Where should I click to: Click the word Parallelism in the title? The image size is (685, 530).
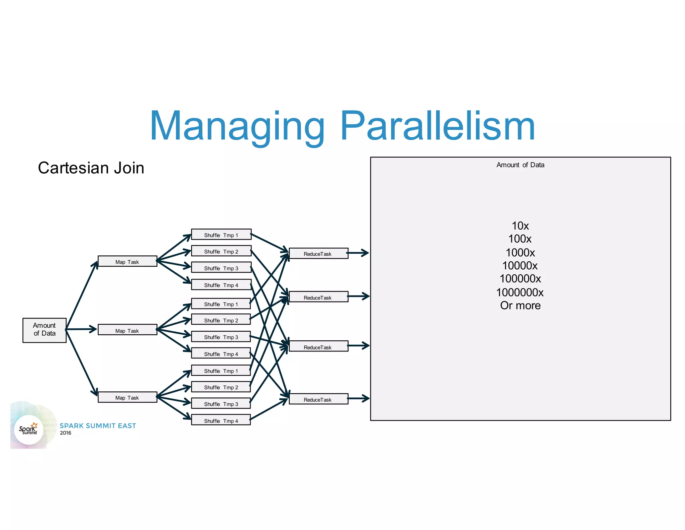click(437, 126)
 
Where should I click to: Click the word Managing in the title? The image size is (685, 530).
click(237, 126)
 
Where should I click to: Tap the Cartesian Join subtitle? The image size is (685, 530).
click(91, 168)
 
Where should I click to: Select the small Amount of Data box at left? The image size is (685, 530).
click(44, 330)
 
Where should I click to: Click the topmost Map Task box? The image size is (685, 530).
click(127, 261)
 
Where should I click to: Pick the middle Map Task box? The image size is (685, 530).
click(127, 330)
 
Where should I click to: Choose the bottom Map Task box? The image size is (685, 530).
click(127, 397)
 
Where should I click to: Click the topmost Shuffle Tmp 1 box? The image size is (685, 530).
click(221, 235)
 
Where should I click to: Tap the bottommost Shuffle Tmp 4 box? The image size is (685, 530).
click(221, 420)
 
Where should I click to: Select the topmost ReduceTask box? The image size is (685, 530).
click(318, 253)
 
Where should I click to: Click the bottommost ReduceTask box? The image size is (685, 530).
click(318, 399)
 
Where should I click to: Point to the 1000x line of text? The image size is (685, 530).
click(520, 252)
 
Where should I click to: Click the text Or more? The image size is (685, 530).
click(520, 306)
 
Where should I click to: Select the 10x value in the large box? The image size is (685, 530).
click(520, 226)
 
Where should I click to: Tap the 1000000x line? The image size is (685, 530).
click(520, 292)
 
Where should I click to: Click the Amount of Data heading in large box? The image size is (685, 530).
click(520, 165)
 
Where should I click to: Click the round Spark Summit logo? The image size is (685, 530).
click(29, 429)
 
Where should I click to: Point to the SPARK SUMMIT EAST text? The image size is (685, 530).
click(98, 426)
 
